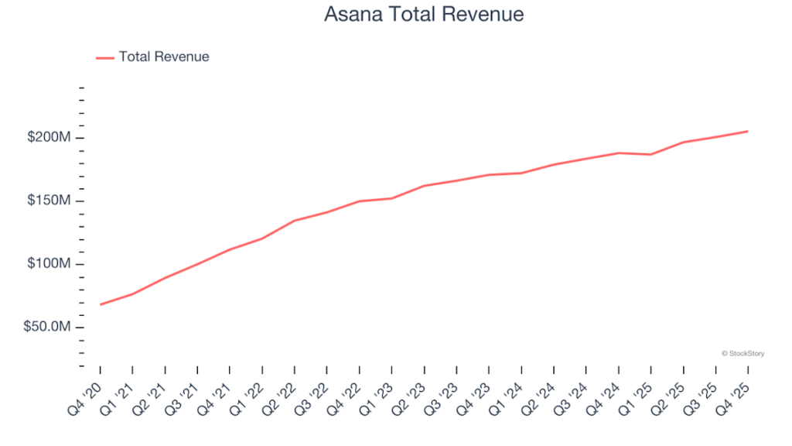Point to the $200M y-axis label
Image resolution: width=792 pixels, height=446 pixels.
tap(49, 138)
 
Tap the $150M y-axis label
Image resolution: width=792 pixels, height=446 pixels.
tap(49, 201)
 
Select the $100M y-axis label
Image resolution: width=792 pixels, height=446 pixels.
tap(49, 264)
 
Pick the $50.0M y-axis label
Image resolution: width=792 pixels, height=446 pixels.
tap(47, 328)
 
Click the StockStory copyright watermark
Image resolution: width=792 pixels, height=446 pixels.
tap(742, 354)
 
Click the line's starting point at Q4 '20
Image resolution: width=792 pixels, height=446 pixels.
tap(101, 304)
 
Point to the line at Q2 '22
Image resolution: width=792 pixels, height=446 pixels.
tap(295, 221)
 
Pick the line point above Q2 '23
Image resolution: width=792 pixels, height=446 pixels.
tap(425, 186)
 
